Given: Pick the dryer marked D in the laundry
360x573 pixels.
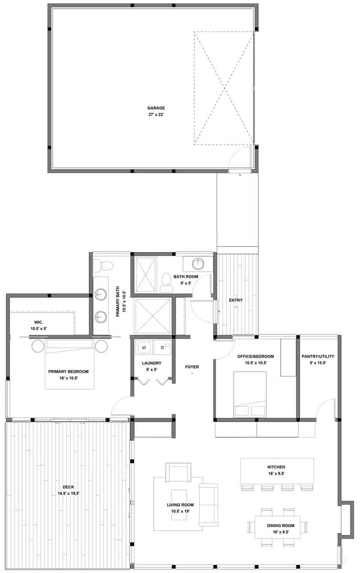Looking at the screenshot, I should [162, 347].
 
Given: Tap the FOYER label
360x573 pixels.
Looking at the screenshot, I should [192, 367].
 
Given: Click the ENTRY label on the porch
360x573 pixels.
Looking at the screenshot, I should [235, 300].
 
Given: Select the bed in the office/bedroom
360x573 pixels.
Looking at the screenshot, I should [250, 394].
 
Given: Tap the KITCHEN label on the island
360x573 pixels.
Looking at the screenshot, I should [276, 467].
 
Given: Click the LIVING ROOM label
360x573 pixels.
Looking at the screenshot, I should [180, 505].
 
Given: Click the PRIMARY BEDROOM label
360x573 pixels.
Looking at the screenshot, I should [68, 371].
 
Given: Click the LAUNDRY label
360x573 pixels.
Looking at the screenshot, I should [151, 363].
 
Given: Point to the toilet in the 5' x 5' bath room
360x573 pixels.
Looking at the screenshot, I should [167, 282].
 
